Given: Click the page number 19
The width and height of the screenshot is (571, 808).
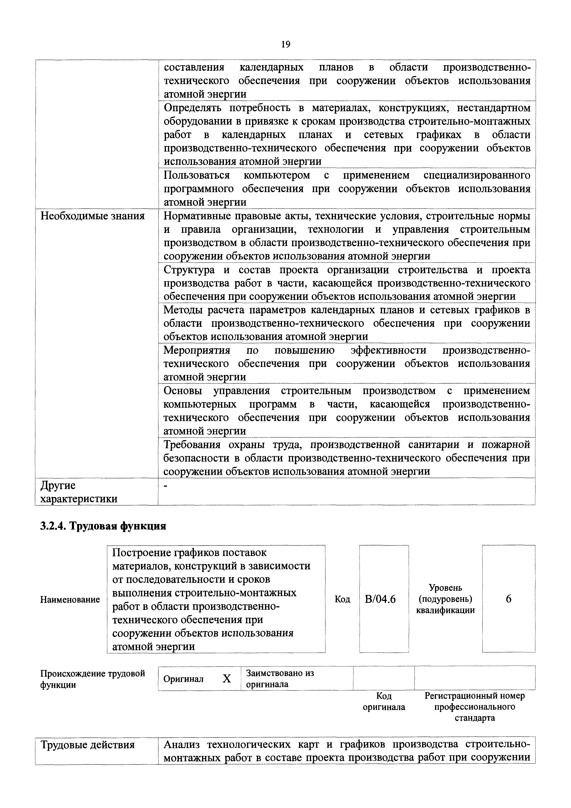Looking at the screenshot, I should (x=285, y=44).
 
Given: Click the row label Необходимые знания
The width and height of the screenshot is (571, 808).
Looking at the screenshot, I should (x=93, y=216).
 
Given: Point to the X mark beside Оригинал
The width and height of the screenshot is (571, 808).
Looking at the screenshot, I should (x=227, y=679).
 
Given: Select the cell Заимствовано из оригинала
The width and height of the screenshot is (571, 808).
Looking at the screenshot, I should (x=280, y=679).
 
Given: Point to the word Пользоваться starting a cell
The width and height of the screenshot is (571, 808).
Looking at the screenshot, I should (x=197, y=175).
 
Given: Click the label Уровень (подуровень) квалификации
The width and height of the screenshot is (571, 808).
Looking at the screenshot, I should (x=445, y=599).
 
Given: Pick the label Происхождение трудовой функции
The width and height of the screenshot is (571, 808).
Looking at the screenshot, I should (x=93, y=679).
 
